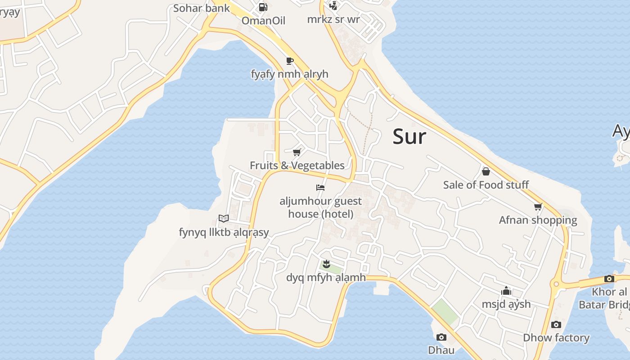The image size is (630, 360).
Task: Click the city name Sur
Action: pos(409,136)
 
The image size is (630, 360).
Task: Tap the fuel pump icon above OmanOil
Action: pos(263,7)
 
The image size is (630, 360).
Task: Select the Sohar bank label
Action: pos(201,8)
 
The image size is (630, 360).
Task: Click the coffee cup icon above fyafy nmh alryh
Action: pos(290,61)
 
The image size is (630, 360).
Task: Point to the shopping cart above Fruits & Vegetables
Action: pos(297,153)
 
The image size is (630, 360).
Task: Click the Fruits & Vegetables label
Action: pos(297,166)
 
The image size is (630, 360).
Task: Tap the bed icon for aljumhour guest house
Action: pos(320,188)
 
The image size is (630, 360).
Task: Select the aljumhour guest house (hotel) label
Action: pos(320,207)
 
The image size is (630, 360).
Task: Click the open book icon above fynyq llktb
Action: pos(224,219)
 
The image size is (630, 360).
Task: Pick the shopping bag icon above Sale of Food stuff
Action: pos(486,171)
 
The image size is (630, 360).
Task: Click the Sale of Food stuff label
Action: pos(486,185)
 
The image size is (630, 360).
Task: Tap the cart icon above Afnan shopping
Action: pos(538,207)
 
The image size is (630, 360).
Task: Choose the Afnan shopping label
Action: pos(538,220)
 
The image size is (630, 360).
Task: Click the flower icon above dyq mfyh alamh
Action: pos(327,264)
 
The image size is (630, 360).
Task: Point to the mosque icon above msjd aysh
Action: pos(506,291)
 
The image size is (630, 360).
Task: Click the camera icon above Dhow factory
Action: pos(556,324)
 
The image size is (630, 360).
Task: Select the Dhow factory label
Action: pos(556,337)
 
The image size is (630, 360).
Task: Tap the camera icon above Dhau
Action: pos(441,337)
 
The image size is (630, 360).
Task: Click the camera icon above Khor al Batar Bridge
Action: pos(609,279)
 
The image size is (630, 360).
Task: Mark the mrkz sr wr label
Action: pos(333,20)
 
